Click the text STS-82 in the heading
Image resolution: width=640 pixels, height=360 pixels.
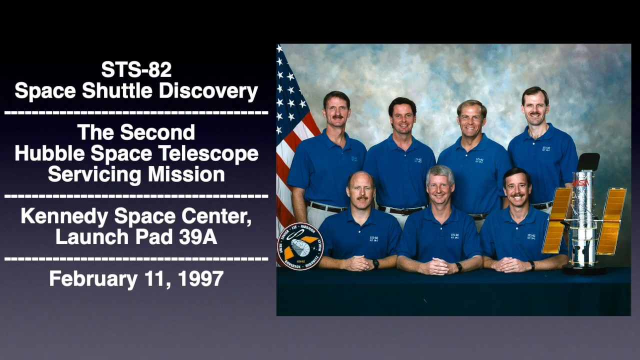click(x=136, y=70)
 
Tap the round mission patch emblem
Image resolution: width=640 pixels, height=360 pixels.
click(x=300, y=246)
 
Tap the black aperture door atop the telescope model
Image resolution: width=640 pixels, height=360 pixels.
click(x=588, y=161)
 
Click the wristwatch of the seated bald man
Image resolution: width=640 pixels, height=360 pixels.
click(x=375, y=263)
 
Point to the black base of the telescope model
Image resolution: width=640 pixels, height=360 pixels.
click(x=584, y=270)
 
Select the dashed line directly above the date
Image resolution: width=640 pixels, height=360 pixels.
click(x=136, y=258)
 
